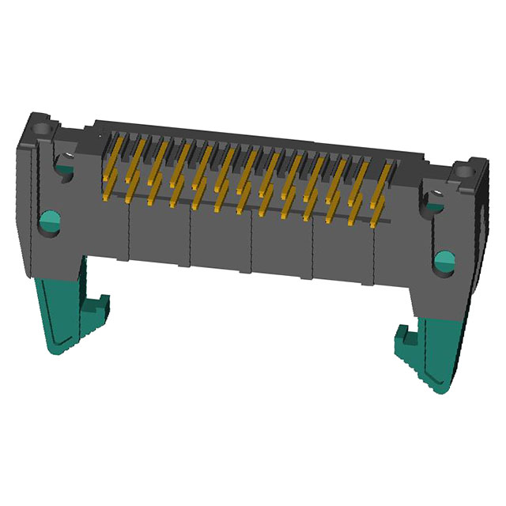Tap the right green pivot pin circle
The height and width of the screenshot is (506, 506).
pos(445,259)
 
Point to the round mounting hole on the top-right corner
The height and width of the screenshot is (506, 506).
pos(461,169)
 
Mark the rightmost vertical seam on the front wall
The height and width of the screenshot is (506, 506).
pos(375,257)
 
